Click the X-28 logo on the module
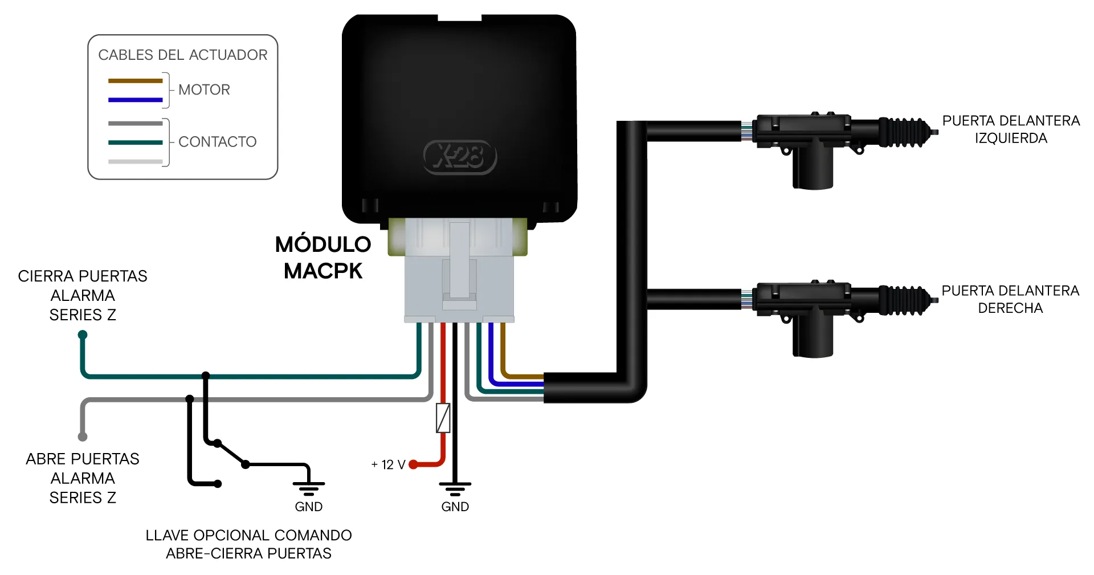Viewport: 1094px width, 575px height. (460, 157)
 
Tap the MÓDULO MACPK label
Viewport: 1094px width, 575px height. (323, 258)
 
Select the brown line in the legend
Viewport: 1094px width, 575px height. (136, 81)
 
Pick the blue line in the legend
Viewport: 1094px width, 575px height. (136, 100)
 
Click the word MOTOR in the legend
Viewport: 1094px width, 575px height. (204, 90)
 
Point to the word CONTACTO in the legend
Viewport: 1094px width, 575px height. (217, 142)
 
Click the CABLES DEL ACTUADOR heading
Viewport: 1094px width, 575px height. (182, 55)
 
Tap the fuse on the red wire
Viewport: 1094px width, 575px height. (443, 418)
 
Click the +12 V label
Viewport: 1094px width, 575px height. (388, 465)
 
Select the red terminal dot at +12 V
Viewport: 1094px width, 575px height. (414, 464)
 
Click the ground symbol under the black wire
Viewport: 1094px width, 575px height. (455, 489)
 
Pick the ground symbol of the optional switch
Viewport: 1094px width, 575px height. (308, 489)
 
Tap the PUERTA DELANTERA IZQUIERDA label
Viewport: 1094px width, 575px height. (1011, 129)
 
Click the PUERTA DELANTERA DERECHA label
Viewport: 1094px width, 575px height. (1010, 299)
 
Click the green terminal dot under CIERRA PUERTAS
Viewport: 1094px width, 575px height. (83, 335)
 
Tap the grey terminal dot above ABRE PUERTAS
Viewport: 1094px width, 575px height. (83, 437)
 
